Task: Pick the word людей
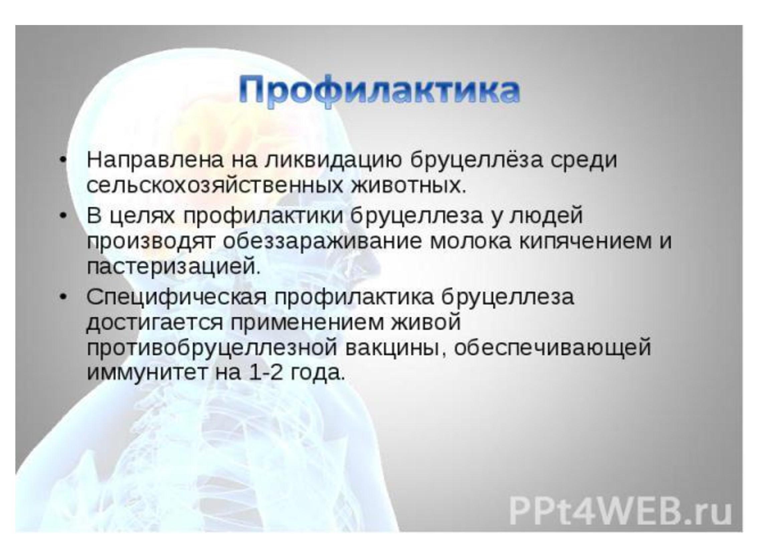point(546,216)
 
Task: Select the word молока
point(471,242)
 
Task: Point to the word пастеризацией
point(174,267)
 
